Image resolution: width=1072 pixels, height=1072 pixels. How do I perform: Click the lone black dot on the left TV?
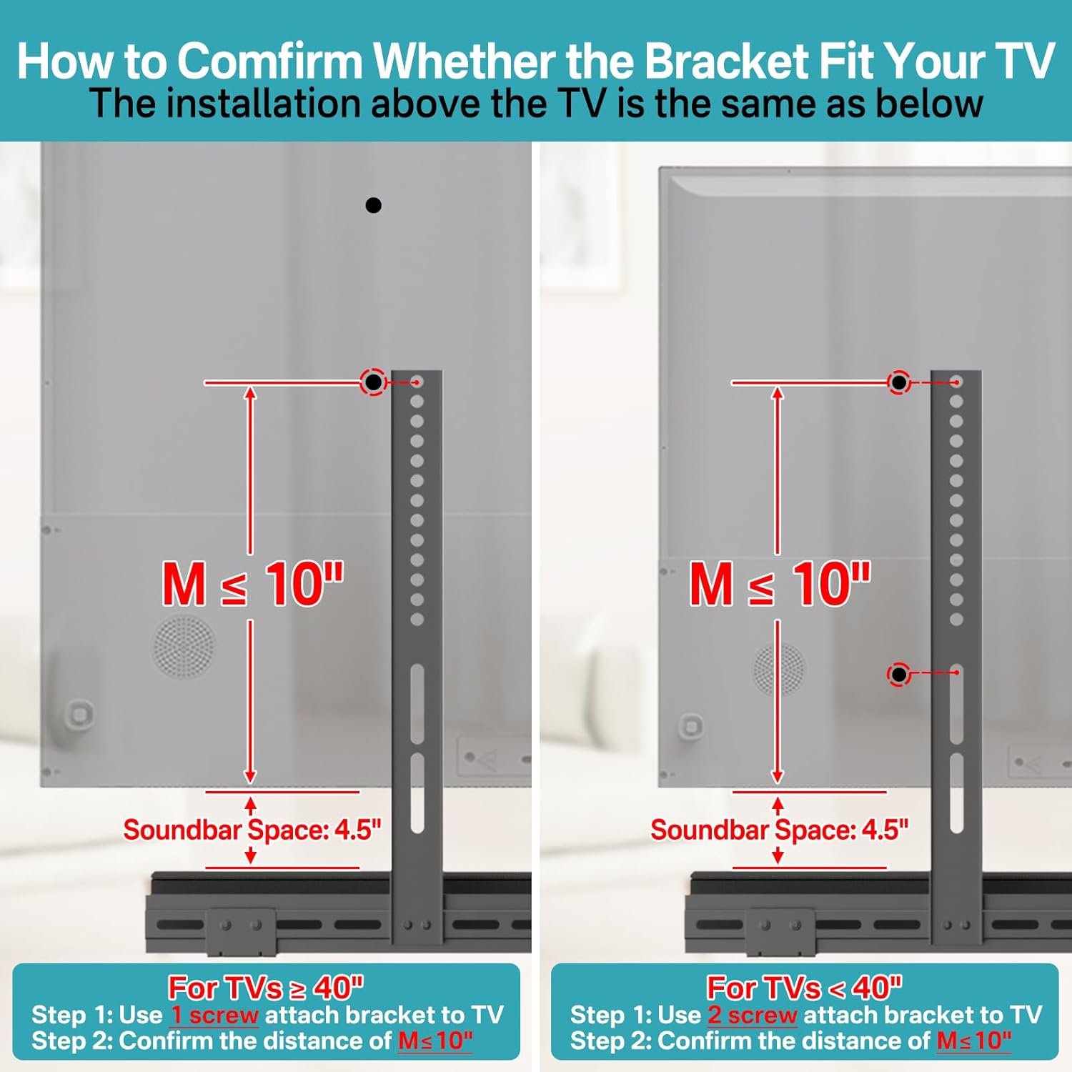[x=373, y=206]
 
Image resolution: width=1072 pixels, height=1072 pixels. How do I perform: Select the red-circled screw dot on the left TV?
[x=373, y=382]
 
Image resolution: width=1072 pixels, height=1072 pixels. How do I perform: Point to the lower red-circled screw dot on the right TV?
[x=899, y=674]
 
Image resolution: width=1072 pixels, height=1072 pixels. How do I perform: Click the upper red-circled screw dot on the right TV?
[x=899, y=382]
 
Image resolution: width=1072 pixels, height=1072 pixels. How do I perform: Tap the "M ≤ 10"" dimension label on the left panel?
[x=253, y=584]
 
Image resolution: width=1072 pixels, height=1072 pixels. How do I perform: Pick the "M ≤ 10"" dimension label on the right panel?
[x=780, y=584]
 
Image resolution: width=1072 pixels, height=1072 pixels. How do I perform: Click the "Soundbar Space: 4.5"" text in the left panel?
[x=252, y=830]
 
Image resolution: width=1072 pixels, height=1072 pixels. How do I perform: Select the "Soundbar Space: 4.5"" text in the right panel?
[x=779, y=830]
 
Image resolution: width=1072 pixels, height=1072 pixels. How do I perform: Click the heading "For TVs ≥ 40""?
[x=266, y=988]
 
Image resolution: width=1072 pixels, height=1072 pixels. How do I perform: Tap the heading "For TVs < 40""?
[x=805, y=988]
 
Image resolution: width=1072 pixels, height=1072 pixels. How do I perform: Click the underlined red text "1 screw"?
[x=214, y=1016]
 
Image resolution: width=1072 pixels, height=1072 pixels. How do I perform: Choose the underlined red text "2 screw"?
[x=753, y=1016]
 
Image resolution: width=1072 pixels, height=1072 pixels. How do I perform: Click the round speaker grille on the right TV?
[x=780, y=669]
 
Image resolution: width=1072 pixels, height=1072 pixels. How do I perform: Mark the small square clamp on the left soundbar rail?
[x=241, y=931]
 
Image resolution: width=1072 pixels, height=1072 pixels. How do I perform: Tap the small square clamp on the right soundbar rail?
[x=780, y=931]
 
